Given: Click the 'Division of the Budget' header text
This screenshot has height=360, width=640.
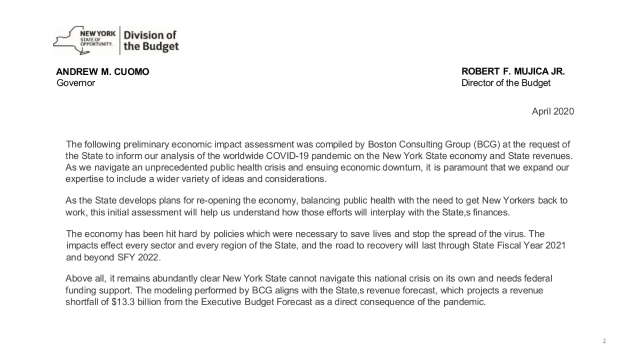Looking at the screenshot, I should [151, 41].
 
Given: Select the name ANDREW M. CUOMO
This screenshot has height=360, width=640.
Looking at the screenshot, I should [103, 72].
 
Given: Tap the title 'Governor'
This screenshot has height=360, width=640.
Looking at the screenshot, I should [76, 83].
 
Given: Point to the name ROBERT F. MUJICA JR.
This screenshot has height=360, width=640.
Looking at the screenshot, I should [513, 72].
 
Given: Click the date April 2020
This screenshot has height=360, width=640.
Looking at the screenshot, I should [553, 111].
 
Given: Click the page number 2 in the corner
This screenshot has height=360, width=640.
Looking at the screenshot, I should [604, 341].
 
